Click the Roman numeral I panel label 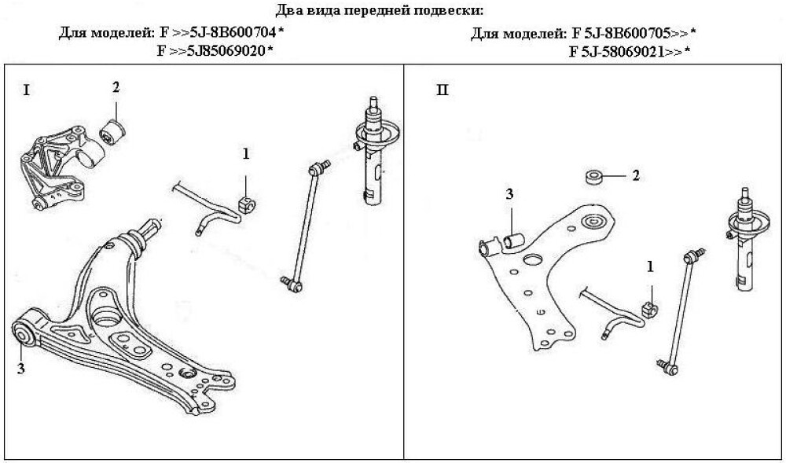click(26, 90)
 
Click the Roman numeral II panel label click(443, 90)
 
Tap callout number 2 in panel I click(116, 88)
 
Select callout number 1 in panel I click(245, 154)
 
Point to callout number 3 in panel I click(20, 369)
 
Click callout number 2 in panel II click(636, 176)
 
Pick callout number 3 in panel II click(509, 194)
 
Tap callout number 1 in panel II click(650, 266)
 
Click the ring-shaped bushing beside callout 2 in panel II click(595, 178)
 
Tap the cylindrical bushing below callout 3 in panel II click(513, 241)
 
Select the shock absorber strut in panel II click(747, 240)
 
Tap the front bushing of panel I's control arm click(23, 334)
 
